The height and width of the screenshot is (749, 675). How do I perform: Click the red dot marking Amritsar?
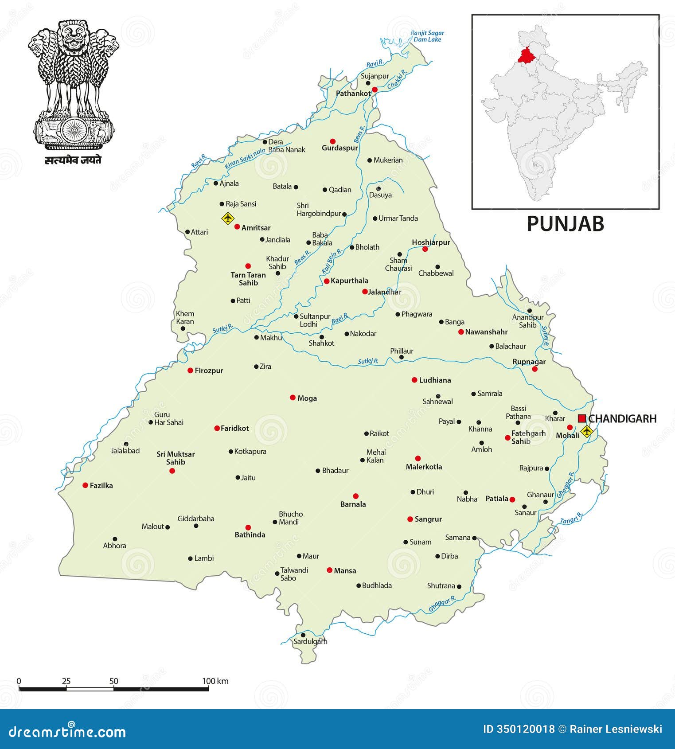(237, 227)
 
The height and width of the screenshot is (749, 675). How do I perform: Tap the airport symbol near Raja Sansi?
(227, 218)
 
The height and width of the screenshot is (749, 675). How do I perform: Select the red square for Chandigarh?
(582, 418)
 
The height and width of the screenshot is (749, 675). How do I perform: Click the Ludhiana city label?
(435, 380)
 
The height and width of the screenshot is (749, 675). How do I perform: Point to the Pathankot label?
(353, 94)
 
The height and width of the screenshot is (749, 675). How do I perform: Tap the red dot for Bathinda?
(248, 527)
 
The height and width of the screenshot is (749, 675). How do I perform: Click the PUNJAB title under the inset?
(565, 224)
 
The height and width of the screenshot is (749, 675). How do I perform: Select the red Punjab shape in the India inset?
(526, 55)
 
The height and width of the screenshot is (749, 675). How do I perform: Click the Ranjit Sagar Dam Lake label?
(427, 36)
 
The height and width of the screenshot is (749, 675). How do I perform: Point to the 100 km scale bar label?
(215, 681)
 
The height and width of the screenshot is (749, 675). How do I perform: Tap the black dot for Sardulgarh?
(303, 635)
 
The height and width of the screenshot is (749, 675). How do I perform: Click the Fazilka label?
(101, 486)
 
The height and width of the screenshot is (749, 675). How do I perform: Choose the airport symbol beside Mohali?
(586, 431)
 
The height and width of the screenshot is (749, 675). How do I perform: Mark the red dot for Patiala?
(512, 499)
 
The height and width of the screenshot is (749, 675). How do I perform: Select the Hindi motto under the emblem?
(73, 160)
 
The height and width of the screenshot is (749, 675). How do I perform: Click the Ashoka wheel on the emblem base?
(74, 129)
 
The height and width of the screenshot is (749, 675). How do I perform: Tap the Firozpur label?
(209, 371)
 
